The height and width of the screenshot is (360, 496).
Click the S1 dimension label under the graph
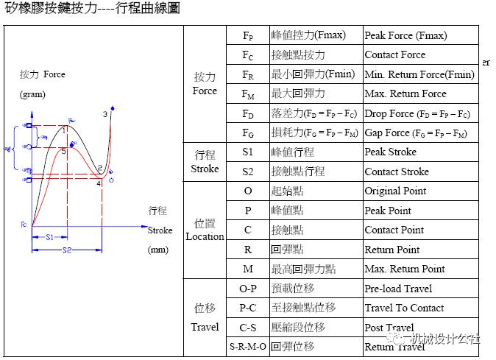50,238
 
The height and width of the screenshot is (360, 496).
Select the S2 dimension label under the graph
67,250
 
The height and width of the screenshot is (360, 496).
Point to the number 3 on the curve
105,115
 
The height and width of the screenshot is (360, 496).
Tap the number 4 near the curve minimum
99,183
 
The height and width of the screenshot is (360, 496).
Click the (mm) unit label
157,250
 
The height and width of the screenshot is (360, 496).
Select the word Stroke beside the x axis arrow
160,230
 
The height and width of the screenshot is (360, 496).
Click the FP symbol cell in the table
247,35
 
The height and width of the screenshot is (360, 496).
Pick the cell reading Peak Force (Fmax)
405,35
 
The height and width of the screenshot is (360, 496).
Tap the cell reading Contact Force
395,54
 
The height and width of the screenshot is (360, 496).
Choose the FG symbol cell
247,133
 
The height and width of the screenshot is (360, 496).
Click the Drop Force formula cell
417,113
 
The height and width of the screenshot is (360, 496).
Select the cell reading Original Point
395,191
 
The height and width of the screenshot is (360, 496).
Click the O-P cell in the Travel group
247,289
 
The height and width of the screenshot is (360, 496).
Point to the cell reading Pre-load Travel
398,289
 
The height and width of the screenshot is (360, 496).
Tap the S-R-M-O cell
247,346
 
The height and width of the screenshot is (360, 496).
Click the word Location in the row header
205,236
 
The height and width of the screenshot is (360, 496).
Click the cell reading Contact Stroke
397,172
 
